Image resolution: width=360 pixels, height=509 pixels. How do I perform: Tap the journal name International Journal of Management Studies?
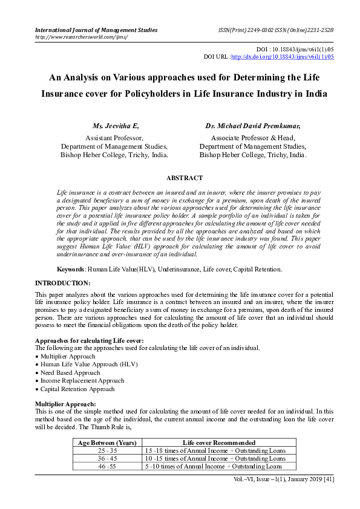tap(96, 30)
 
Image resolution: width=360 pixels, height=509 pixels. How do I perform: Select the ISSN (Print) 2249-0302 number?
tap(246, 30)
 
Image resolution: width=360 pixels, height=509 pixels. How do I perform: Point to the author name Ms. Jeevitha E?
tap(116, 126)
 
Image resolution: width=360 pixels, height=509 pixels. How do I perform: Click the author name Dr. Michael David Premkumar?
tap(253, 126)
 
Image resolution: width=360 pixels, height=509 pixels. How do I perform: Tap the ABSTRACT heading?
tap(185, 178)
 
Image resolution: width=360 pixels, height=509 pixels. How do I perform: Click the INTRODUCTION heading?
tap(63, 283)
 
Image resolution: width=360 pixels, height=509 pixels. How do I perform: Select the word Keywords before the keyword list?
tap(70, 268)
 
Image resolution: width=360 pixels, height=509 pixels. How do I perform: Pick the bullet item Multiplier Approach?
tap(67, 357)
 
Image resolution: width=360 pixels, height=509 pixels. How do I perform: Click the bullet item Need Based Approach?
tap(70, 373)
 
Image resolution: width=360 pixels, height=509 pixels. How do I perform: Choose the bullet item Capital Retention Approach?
tap(77, 389)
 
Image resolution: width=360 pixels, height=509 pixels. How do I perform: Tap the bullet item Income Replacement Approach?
tap(82, 381)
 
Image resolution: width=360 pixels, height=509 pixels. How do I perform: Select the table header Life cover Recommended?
tap(218, 443)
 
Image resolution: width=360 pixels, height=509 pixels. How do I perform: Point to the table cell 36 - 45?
tap(108, 459)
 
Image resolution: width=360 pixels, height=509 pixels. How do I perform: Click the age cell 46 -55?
tap(108, 467)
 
